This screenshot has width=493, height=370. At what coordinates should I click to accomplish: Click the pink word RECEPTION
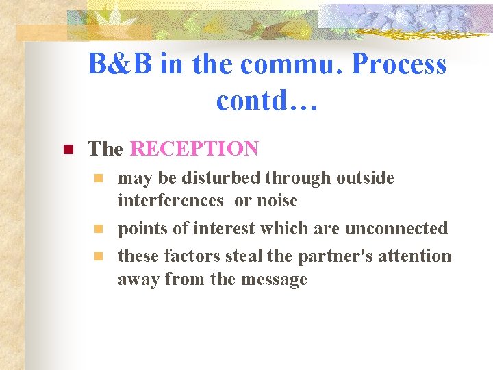[x=194, y=149]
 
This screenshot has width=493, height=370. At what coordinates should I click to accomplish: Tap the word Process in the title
[x=399, y=65]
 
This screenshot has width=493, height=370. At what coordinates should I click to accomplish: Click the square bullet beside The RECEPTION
[x=67, y=149]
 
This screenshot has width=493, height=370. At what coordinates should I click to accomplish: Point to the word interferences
[x=170, y=201]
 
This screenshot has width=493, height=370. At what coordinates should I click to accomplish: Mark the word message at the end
[x=272, y=280]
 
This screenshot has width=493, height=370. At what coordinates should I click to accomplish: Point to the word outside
[x=366, y=178]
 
